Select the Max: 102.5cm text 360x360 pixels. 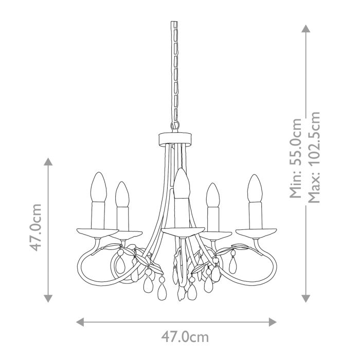tap(314, 157)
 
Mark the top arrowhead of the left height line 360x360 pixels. tap(48, 162)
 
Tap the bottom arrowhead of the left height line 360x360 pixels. tap(48, 298)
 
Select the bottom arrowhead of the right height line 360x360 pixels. tap(307, 298)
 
